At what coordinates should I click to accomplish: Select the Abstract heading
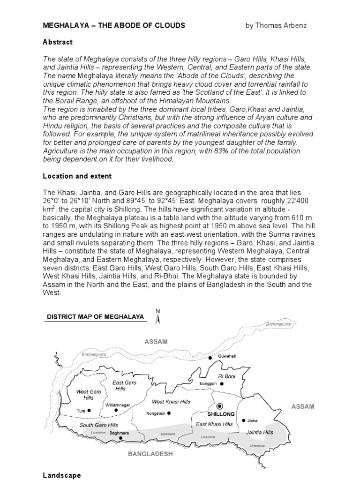[58, 42]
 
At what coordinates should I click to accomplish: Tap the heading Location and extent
[77, 176]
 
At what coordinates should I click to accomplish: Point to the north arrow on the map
[158, 316]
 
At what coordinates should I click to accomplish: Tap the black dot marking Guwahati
[210, 358]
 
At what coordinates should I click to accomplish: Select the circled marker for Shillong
[220, 406]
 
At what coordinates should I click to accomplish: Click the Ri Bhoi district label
[226, 376]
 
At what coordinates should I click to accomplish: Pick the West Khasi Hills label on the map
[171, 402]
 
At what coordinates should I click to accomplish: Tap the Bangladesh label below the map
[150, 454]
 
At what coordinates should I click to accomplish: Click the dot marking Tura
[89, 411]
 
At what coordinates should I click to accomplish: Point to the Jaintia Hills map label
[259, 433]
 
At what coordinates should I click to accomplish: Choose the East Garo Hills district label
[124, 386]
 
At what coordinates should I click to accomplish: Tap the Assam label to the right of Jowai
[303, 406]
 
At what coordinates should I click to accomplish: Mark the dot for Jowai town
[244, 420]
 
